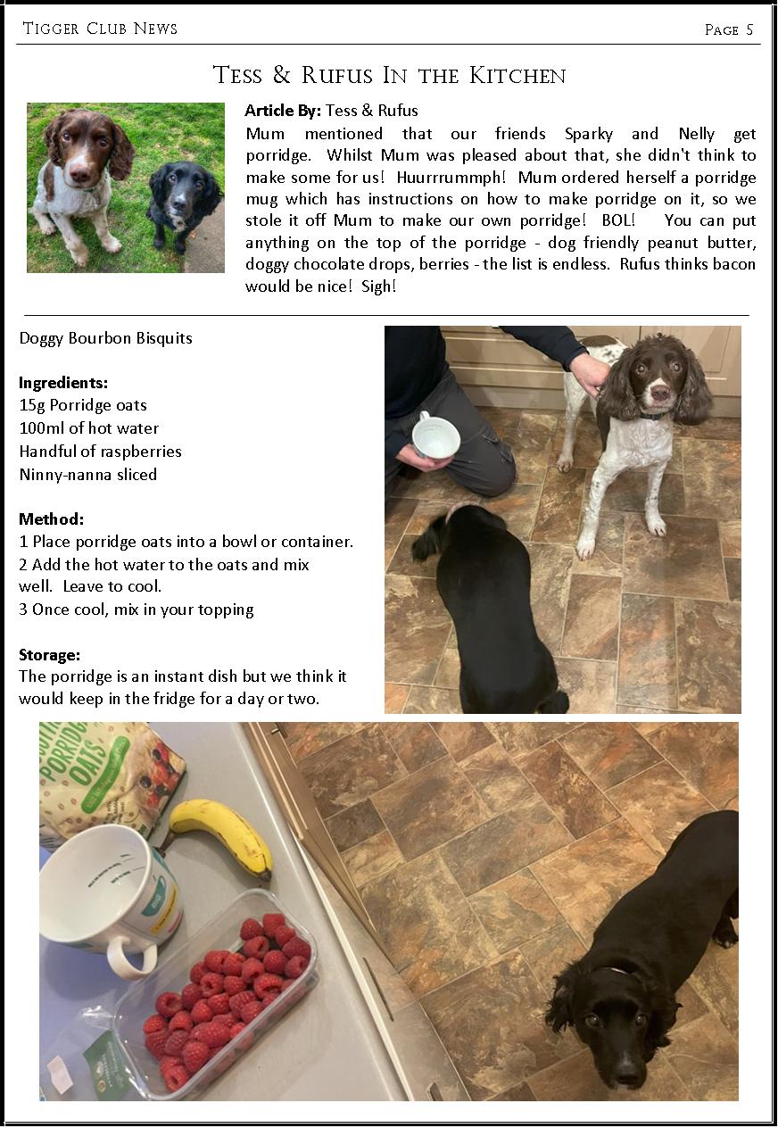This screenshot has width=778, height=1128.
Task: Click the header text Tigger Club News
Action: coord(100,29)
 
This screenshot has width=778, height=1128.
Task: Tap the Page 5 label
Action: coord(728,29)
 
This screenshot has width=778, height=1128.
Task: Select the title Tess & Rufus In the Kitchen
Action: coord(389,75)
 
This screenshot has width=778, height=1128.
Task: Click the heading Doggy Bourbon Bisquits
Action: coord(105,338)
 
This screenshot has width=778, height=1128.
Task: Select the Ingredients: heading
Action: coord(63,383)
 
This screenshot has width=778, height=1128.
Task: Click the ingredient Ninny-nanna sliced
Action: coord(88,475)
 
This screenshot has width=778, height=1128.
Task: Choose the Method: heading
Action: coord(52,519)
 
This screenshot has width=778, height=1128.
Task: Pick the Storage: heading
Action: coord(50,655)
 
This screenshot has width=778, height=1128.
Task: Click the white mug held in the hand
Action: coord(436,435)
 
